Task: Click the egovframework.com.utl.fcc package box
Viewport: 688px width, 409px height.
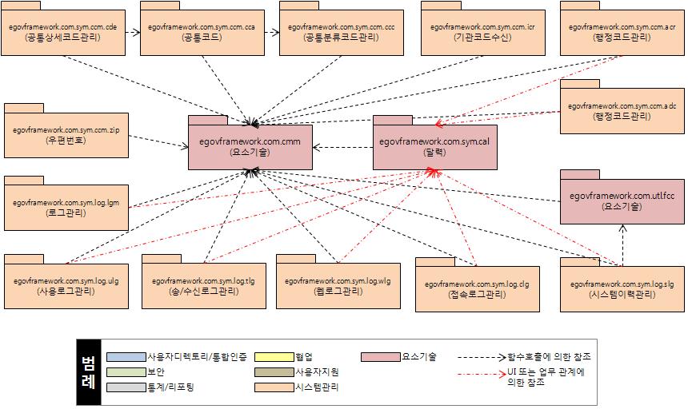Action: (622, 201)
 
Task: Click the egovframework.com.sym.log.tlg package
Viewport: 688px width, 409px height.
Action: (203, 286)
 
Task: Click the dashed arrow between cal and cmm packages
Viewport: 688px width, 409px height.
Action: (342, 147)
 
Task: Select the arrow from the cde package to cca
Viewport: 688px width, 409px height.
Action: (133, 33)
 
